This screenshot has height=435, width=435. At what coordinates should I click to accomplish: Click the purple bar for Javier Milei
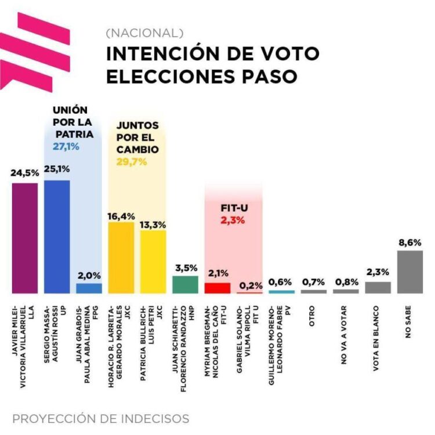(24, 238)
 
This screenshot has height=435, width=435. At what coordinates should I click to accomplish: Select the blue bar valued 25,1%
(57, 237)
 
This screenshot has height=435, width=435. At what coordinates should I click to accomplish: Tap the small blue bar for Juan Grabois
(89, 288)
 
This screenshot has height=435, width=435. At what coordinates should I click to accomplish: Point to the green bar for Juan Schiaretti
(186, 284)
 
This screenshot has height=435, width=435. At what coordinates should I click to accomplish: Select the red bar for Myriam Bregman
(217, 288)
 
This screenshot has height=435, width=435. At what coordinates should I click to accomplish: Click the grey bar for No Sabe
(409, 271)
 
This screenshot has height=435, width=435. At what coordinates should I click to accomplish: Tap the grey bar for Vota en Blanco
(378, 287)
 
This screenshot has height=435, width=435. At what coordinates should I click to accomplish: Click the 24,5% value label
(24, 172)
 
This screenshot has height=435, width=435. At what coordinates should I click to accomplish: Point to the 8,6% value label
(409, 242)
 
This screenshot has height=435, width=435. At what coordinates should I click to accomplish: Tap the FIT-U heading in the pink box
(233, 207)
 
